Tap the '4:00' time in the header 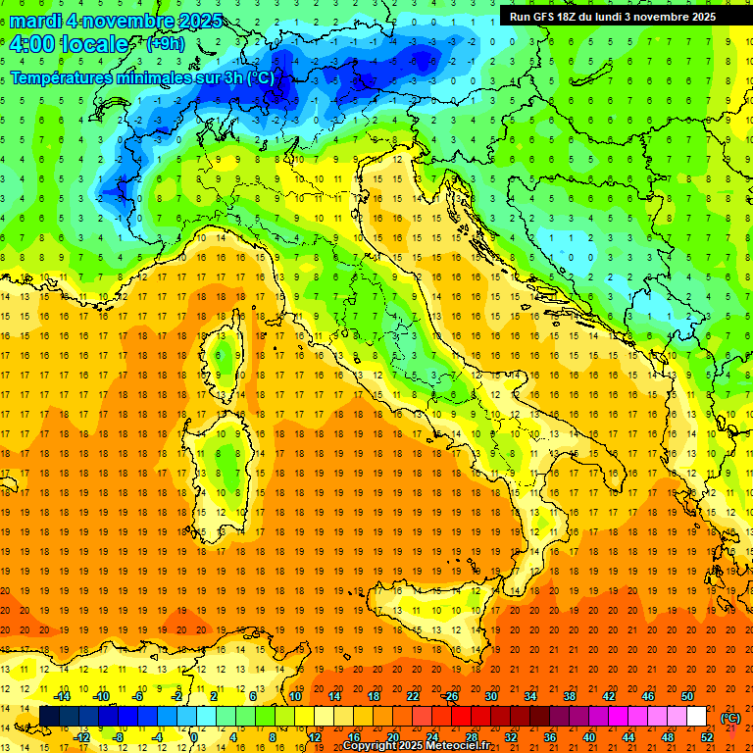(30, 44)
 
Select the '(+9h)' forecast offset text (164, 44)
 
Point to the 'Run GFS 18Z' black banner (613, 17)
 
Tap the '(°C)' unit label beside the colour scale (730, 717)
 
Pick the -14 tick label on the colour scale (62, 696)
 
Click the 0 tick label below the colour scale (194, 737)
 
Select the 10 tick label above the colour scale (296, 696)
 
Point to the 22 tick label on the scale (413, 696)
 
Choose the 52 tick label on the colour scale (707, 737)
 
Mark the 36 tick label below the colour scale (550, 737)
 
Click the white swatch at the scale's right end (697, 717)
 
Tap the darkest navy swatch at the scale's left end (49, 717)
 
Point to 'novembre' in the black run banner (656, 17)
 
